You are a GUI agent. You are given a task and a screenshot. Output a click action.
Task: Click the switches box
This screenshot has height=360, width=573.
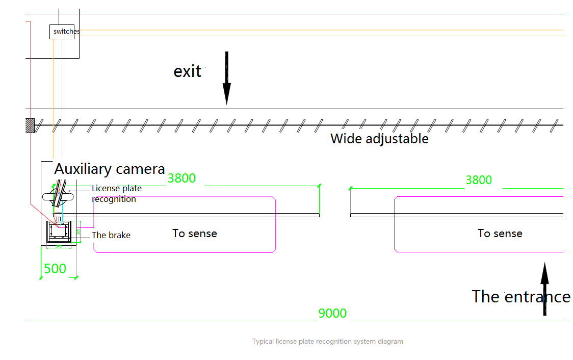(x=65, y=32)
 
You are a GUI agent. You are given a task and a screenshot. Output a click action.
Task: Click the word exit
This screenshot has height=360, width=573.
(x=188, y=71)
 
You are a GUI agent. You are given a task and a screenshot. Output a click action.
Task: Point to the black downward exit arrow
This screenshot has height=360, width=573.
(x=227, y=79)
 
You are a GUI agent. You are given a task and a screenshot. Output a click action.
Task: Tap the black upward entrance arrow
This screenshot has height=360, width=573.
(x=544, y=288)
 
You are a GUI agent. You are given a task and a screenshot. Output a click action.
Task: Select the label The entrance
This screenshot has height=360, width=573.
(x=520, y=297)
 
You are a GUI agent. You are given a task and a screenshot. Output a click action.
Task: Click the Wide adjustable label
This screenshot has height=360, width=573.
(x=379, y=139)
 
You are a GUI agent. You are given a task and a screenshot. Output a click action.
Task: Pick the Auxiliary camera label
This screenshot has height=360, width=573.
(x=110, y=169)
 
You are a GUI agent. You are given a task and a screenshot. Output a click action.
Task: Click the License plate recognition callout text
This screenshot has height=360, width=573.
(x=116, y=194)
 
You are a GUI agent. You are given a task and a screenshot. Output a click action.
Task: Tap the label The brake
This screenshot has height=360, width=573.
(x=111, y=236)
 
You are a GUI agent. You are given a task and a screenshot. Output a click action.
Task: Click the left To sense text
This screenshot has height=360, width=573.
(x=195, y=234)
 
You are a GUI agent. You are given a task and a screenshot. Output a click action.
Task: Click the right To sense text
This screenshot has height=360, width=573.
(x=500, y=234)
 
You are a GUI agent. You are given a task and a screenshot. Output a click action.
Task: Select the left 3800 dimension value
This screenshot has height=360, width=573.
(x=181, y=178)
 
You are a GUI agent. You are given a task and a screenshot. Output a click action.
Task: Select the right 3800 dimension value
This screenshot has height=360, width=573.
(x=479, y=180)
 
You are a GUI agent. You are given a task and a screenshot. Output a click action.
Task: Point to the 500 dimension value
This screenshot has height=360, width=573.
(x=55, y=269)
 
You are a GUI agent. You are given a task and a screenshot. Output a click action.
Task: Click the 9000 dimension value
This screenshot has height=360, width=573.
(x=332, y=313)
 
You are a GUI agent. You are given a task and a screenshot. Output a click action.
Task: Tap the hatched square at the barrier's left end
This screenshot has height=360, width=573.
(x=30, y=125)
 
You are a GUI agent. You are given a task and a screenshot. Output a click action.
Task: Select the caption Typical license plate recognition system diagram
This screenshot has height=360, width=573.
(x=327, y=342)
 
